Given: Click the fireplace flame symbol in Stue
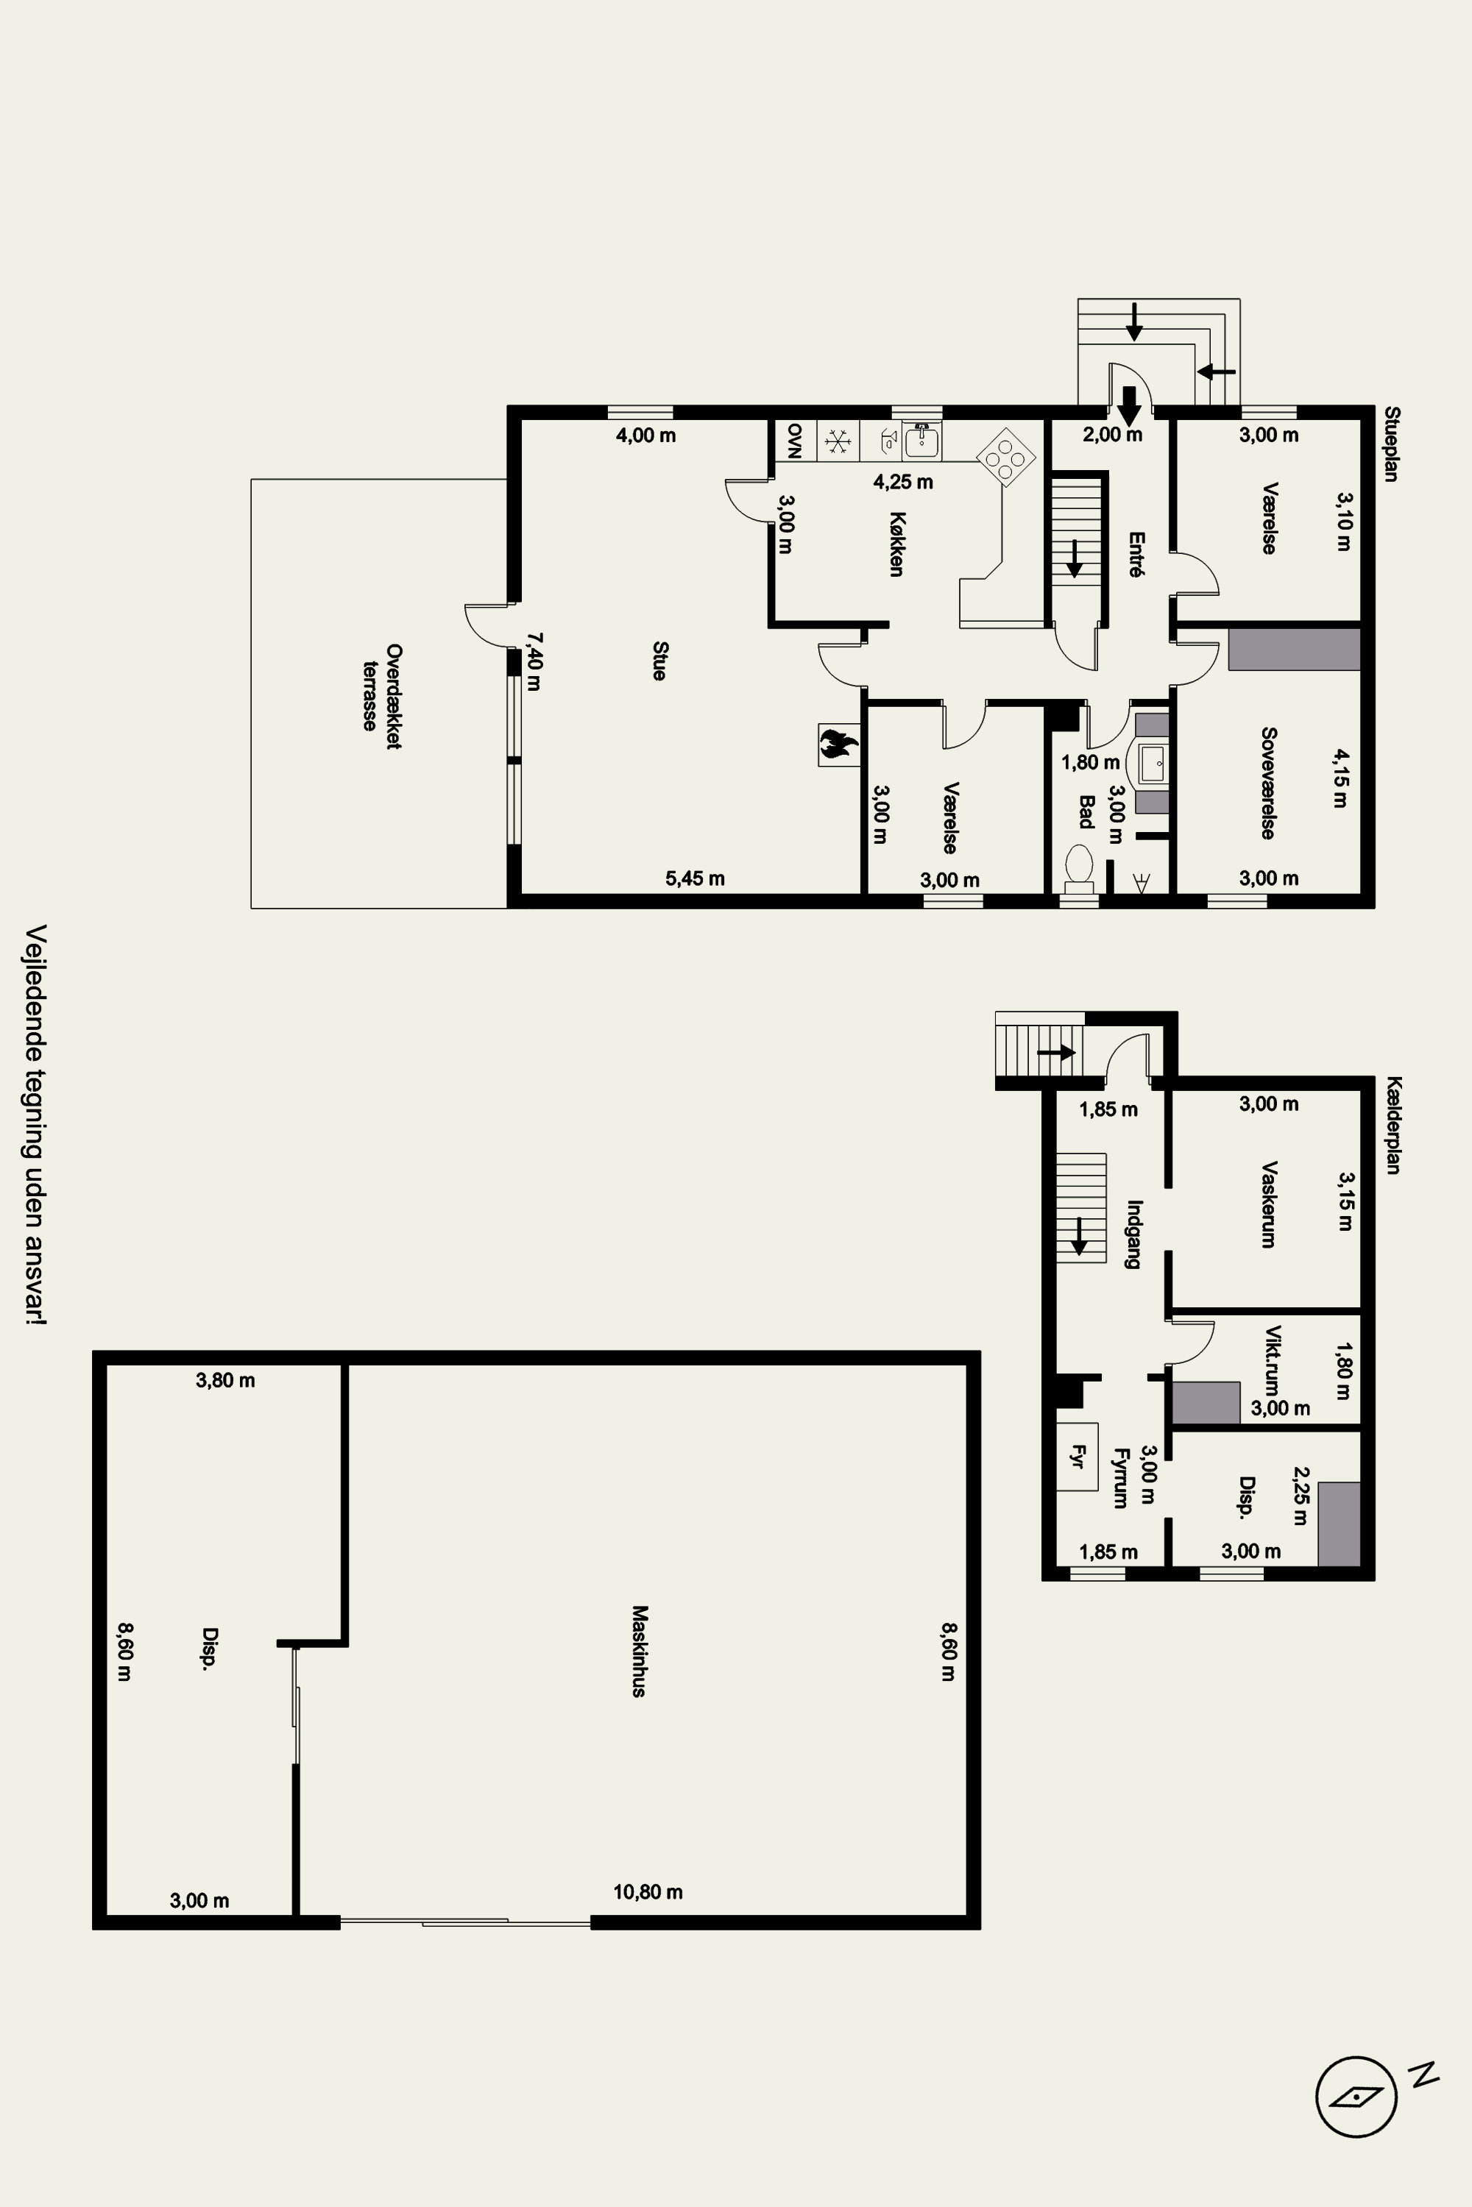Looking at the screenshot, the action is click(x=838, y=744).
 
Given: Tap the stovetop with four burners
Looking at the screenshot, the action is click(x=1006, y=457).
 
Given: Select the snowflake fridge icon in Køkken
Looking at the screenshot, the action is click(x=838, y=439).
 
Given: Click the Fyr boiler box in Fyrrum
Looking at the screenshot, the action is click(x=1077, y=1457).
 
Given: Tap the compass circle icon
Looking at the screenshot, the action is click(x=1356, y=2096).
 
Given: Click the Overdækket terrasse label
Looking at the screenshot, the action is click(x=381, y=695).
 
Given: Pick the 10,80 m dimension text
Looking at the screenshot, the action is click(x=648, y=1891).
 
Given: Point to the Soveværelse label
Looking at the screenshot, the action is click(x=1268, y=783).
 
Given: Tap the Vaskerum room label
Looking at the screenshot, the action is click(x=1268, y=1204).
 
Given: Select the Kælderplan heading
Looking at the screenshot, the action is click(x=1393, y=1125).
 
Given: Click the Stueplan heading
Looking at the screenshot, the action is click(x=1393, y=444).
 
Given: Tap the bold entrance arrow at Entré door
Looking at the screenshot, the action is click(x=1129, y=405).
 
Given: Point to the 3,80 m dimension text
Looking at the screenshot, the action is click(x=225, y=1380).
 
